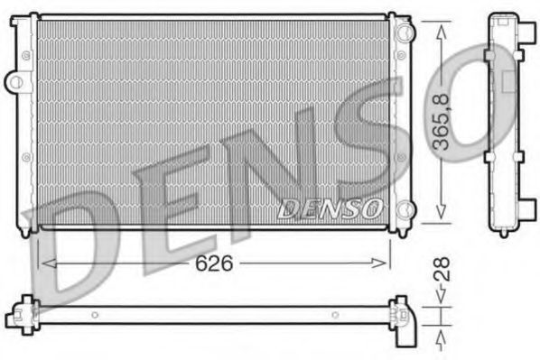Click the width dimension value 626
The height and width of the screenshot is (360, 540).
pyautogui.click(x=215, y=263)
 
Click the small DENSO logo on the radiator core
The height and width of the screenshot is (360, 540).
pyautogui.click(x=329, y=208)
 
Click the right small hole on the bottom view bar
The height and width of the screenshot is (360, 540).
pyautogui.click(x=334, y=315)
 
